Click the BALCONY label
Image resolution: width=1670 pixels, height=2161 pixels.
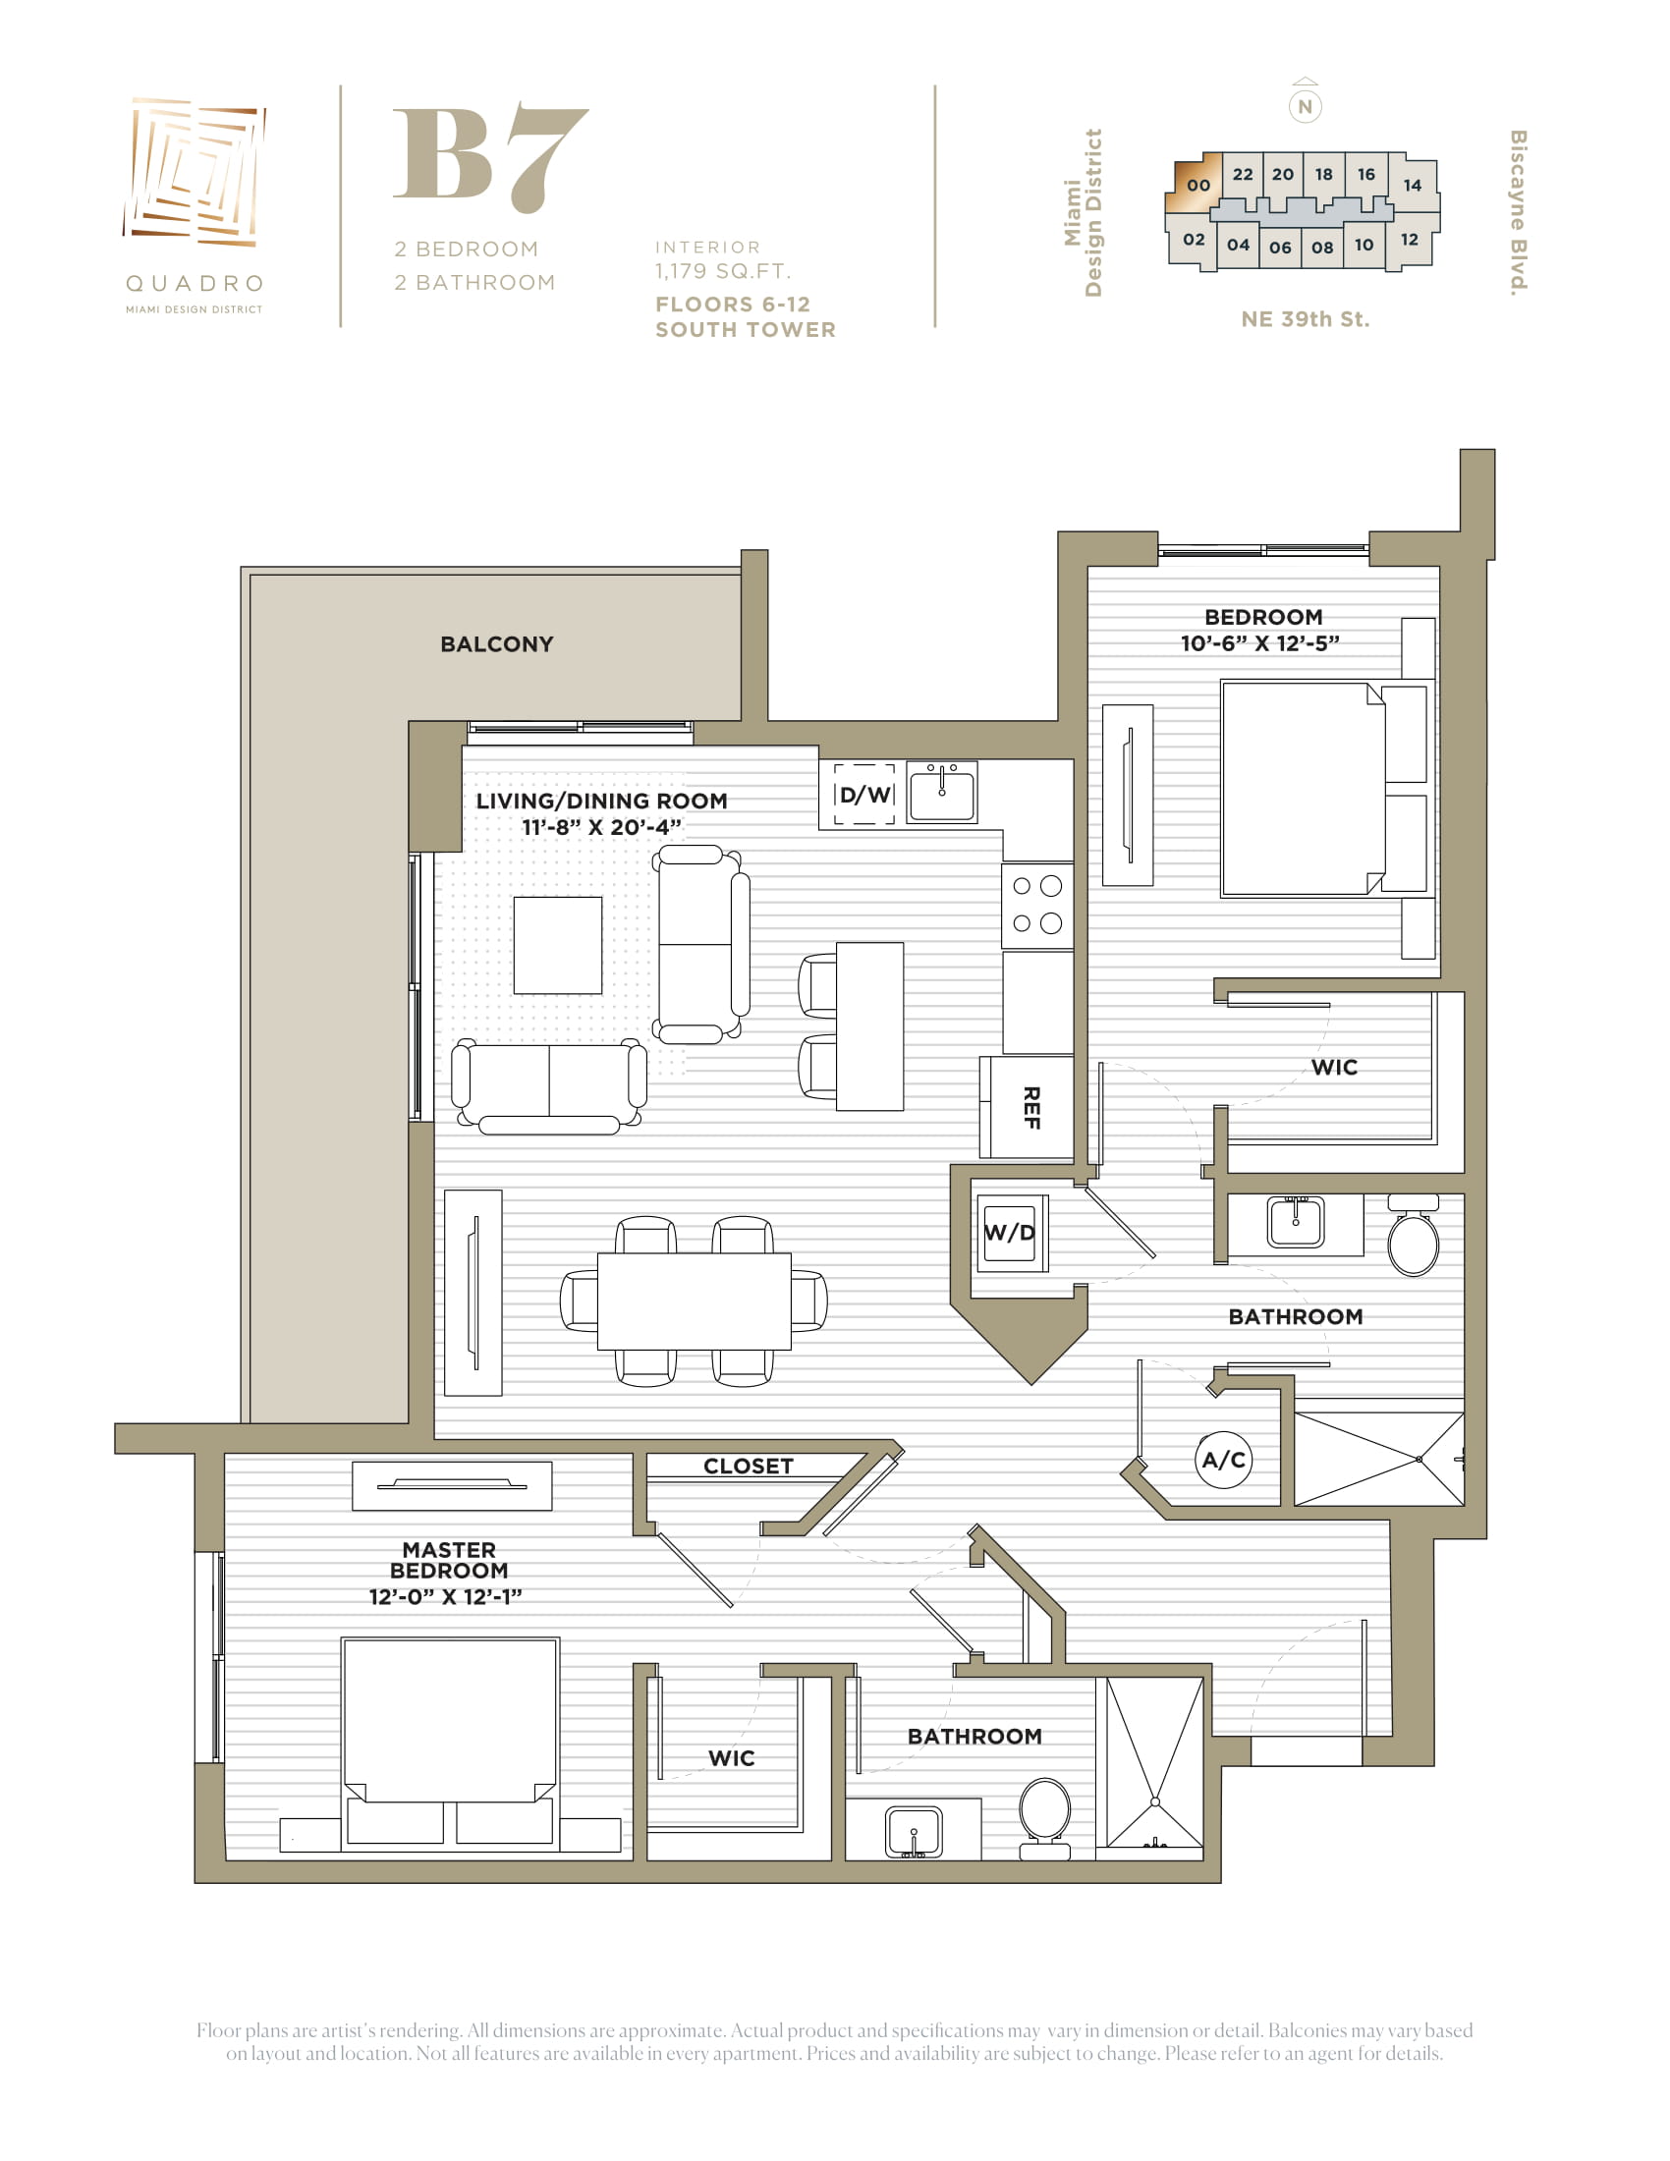click(x=497, y=644)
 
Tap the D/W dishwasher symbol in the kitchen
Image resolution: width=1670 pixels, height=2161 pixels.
click(x=864, y=794)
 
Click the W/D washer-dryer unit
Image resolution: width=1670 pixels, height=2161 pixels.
click(x=1009, y=1233)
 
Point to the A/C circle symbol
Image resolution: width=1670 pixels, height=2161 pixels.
click(x=1224, y=1460)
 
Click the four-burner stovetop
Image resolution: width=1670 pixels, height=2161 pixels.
click(x=1037, y=906)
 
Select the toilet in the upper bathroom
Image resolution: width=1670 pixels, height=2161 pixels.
click(x=1414, y=1235)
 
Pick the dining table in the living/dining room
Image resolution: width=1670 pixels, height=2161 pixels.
click(x=694, y=1302)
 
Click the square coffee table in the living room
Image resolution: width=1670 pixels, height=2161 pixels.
click(x=558, y=945)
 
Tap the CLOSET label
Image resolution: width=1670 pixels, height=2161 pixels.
click(x=748, y=1467)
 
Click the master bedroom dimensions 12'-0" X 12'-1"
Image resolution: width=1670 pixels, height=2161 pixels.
click(x=445, y=1597)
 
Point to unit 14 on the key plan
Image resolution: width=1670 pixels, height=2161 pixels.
click(x=1413, y=185)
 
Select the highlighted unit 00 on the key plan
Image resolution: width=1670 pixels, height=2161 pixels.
click(x=1197, y=184)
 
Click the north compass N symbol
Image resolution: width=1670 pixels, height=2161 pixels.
click(x=1305, y=106)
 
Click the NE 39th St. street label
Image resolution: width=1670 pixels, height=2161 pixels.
click(x=1305, y=319)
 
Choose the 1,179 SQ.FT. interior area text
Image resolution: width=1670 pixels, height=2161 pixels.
click(x=722, y=271)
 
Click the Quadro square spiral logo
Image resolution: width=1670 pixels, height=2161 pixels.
click(x=195, y=171)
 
